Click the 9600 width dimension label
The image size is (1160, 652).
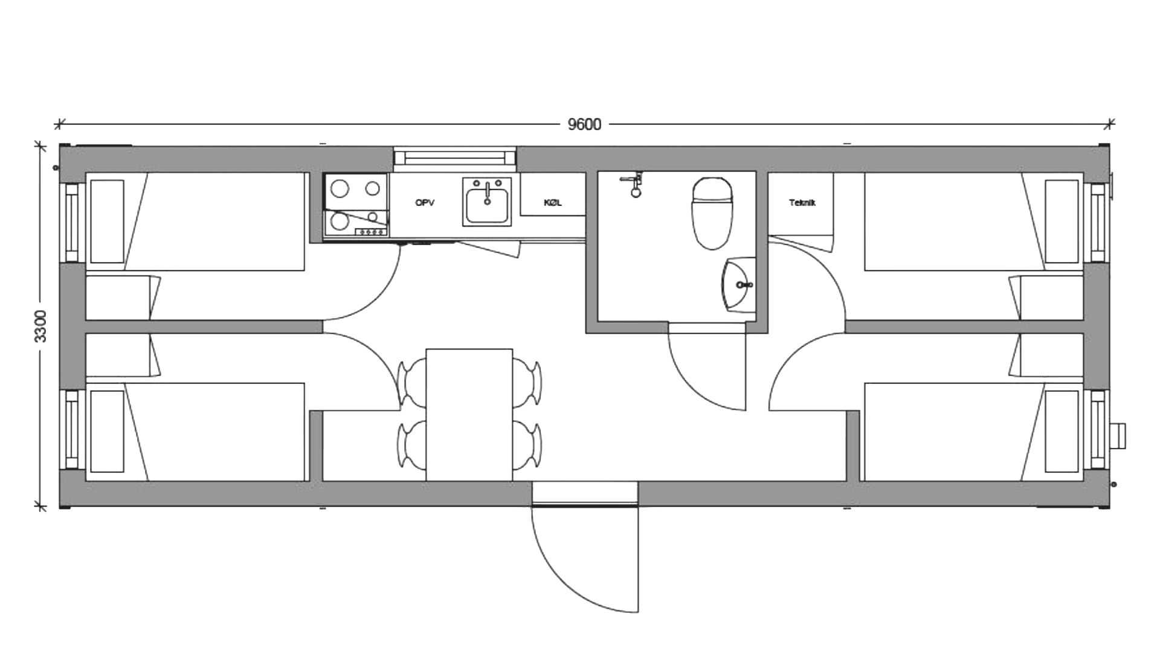(x=584, y=125)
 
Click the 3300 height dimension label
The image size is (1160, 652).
(x=40, y=327)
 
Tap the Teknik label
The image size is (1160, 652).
(x=802, y=203)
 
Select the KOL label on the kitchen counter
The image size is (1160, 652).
(x=552, y=203)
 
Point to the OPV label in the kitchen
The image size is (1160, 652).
(x=425, y=203)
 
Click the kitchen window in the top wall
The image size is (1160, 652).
(x=455, y=158)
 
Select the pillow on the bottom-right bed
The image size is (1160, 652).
(x=1062, y=431)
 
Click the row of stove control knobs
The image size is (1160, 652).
(x=371, y=232)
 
